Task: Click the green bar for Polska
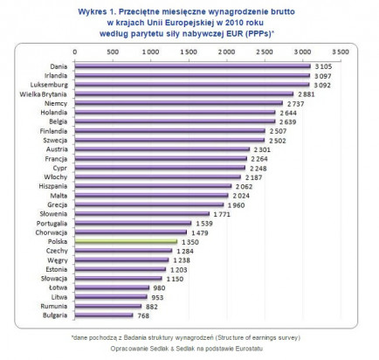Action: [126, 241]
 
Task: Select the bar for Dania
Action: [193, 66]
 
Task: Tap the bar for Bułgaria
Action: [104, 315]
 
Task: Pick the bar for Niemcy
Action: [179, 103]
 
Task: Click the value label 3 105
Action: [323, 66]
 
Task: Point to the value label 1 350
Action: [190, 242]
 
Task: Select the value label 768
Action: [143, 315]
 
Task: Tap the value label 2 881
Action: [307, 94]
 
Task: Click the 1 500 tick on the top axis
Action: [189, 52]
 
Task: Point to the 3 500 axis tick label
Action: [341, 52]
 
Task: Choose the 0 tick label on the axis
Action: [75, 52]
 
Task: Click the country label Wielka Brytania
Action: [43, 94]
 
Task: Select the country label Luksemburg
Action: [49, 85]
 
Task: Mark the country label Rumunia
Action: [54, 306]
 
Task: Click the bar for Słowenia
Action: [142, 214]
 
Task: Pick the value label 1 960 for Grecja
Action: [236, 205]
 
